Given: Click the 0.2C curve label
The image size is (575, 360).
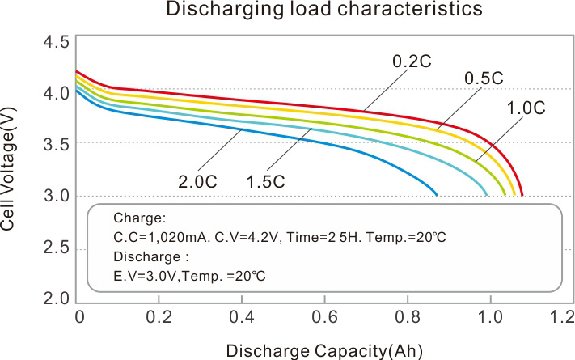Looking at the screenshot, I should (410, 61).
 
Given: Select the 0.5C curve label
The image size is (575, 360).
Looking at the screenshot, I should (484, 78).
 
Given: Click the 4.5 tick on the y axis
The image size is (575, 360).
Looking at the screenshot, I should (55, 42).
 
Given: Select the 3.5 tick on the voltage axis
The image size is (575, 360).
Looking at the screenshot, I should (55, 144).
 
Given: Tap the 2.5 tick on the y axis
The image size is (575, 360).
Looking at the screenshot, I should (55, 247).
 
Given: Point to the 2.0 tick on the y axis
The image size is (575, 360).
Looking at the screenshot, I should (55, 298).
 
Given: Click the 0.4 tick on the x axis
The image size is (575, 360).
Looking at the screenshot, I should (242, 316).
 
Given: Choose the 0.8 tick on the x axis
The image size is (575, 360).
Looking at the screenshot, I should (406, 316).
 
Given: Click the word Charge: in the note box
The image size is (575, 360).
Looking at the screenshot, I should (139, 218).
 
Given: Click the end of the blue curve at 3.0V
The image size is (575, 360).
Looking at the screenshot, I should (437, 195).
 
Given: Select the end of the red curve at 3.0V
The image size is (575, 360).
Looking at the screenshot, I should (522, 195).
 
